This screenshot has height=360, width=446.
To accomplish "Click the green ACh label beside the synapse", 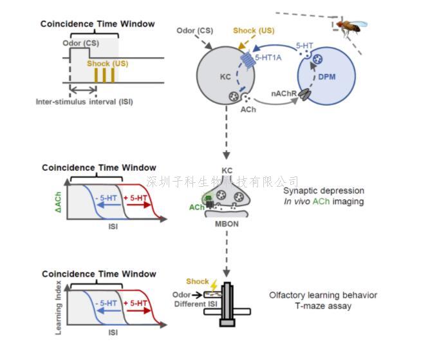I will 197,208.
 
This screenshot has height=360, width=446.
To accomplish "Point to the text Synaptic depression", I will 324,191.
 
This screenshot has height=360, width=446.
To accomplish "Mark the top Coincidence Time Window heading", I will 98,24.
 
